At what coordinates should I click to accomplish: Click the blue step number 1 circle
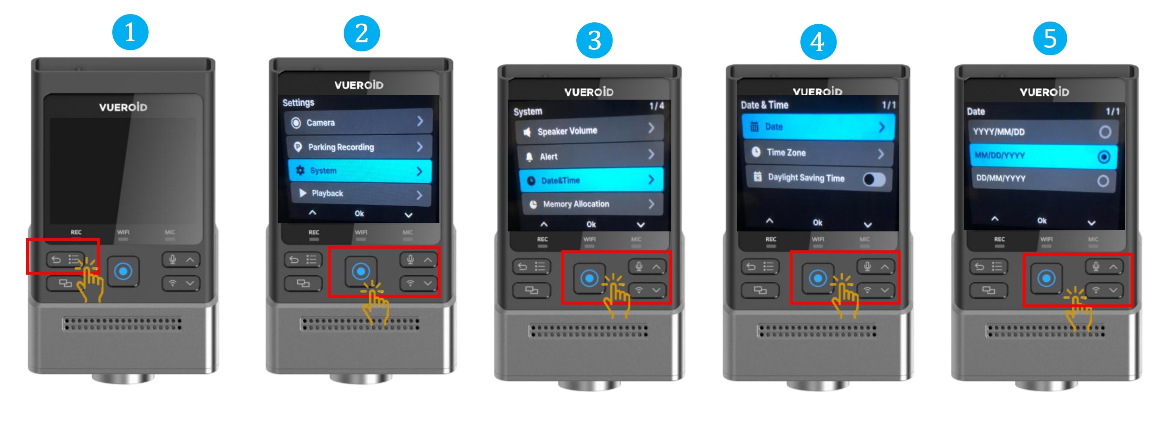click(x=130, y=32)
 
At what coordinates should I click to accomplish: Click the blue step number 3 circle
click(x=594, y=40)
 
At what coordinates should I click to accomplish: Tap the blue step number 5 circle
click(x=1050, y=38)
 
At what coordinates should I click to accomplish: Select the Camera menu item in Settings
click(x=358, y=122)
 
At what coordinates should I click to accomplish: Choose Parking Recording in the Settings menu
click(x=359, y=147)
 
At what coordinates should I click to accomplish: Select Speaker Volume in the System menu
click(x=589, y=131)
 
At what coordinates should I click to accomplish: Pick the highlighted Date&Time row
click(x=591, y=180)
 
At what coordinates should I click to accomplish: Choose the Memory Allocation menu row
click(x=592, y=204)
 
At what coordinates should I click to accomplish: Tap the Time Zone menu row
click(x=819, y=153)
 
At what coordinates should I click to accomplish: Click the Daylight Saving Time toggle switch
click(x=874, y=180)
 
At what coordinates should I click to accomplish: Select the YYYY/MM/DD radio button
click(x=1105, y=132)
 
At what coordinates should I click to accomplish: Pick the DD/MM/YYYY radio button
click(x=1103, y=181)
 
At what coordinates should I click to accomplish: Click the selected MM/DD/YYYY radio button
click(x=1104, y=157)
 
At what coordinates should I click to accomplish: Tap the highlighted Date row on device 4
click(x=818, y=127)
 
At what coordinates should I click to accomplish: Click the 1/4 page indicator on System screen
click(x=656, y=105)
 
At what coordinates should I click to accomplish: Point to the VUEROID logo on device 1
click(x=123, y=107)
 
